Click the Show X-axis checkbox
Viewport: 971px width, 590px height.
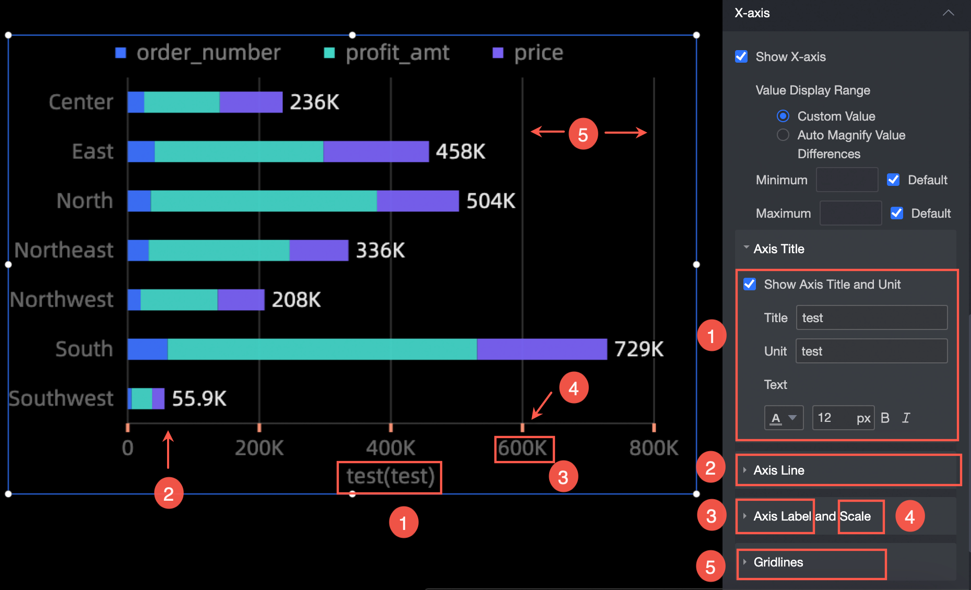[741, 56]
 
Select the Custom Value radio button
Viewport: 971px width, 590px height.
[783, 116]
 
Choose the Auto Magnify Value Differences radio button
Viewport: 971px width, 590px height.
[783, 135]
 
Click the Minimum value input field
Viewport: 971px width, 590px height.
[847, 180]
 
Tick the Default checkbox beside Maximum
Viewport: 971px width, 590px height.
[897, 213]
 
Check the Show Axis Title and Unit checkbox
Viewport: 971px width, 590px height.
[750, 284]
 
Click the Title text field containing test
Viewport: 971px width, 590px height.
[871, 317]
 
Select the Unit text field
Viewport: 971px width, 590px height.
[871, 351]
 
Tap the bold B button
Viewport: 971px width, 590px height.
[885, 418]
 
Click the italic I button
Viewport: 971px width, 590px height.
[906, 418]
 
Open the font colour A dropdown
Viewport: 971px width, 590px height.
[784, 418]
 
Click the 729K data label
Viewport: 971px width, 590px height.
[639, 349]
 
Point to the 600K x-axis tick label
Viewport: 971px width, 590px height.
[523, 448]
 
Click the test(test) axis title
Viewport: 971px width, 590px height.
[390, 476]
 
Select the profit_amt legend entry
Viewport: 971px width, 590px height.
[387, 53]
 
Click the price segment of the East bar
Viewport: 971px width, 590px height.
[376, 151]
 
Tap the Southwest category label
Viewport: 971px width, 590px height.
[61, 398]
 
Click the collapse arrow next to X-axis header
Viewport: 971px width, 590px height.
[949, 13]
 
